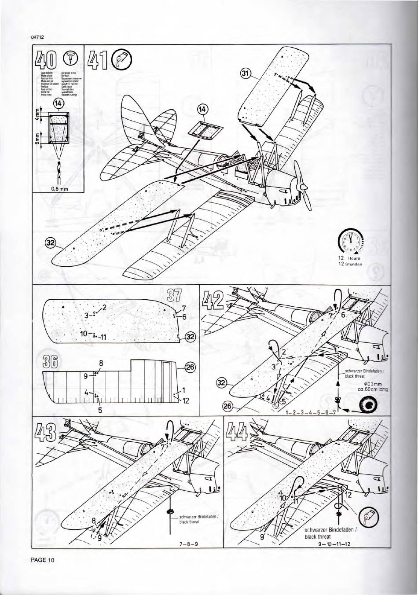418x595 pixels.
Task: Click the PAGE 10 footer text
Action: click(x=43, y=560)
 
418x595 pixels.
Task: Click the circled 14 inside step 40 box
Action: click(x=59, y=104)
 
